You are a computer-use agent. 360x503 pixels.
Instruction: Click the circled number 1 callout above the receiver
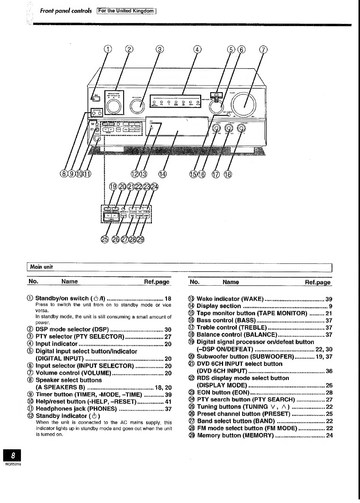(108, 49)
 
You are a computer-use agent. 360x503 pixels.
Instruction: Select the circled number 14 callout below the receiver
(162, 174)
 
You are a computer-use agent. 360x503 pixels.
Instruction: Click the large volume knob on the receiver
(245, 104)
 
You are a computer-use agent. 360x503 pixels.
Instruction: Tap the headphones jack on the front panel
(97, 139)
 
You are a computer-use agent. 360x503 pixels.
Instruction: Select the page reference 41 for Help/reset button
(168, 402)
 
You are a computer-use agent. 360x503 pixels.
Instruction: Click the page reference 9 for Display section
(330, 306)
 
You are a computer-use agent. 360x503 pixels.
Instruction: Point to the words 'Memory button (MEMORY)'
(235, 435)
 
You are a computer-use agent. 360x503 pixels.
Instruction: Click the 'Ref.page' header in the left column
(157, 282)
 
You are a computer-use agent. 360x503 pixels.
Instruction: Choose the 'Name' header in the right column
(231, 282)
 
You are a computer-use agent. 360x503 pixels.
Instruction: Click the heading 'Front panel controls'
(66, 11)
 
